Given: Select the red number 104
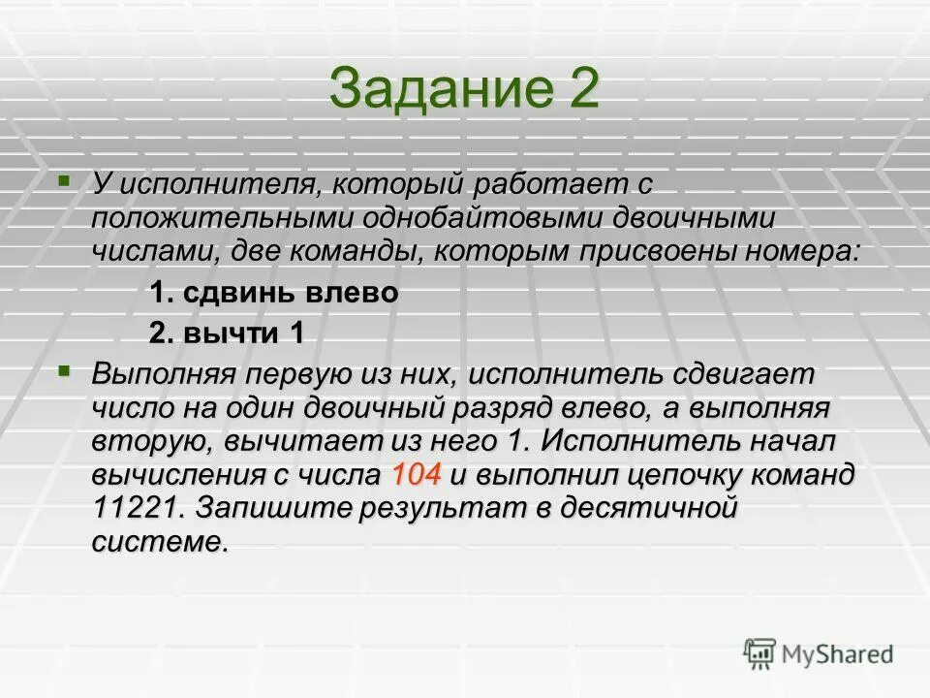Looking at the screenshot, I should coord(418,475).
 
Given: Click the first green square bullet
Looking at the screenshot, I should coord(64,179).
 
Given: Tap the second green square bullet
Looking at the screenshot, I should coord(64,370).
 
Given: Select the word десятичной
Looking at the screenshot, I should coord(644,508).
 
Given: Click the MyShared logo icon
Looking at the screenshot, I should coord(760,653).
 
